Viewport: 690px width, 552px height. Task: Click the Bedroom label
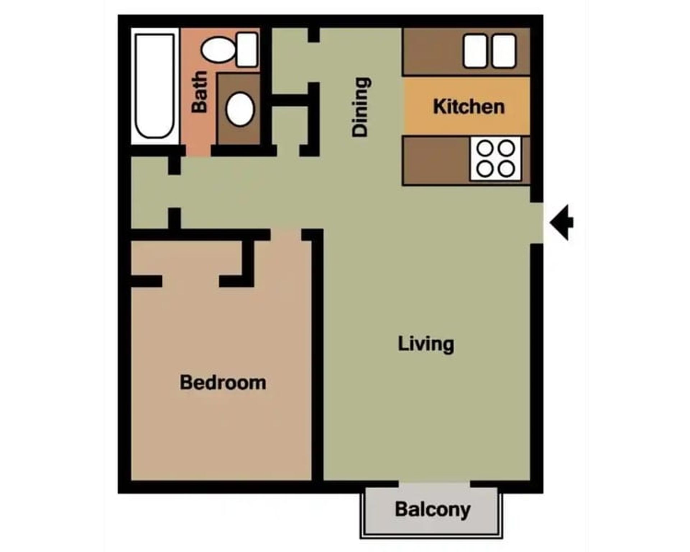coord(223,382)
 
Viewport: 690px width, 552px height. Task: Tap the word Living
coord(426,344)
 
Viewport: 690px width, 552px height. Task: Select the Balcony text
coord(433,509)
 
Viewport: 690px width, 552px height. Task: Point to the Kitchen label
coord(469,107)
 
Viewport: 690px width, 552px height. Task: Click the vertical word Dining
coord(360,107)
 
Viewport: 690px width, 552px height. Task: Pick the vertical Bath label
coord(199,92)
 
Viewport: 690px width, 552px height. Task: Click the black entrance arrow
coord(562,222)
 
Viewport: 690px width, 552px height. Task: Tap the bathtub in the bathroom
coord(155,86)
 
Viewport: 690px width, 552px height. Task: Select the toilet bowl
coord(218,50)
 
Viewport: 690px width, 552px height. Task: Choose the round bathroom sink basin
coord(240,109)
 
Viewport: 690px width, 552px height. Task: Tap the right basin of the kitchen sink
coord(504,51)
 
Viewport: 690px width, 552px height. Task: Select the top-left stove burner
coord(486,148)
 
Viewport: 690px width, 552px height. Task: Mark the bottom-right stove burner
coord(507,169)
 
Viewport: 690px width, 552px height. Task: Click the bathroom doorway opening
coord(198,151)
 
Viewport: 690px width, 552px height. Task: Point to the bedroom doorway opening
coord(286,234)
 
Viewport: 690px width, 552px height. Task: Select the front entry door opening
coord(537,223)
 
